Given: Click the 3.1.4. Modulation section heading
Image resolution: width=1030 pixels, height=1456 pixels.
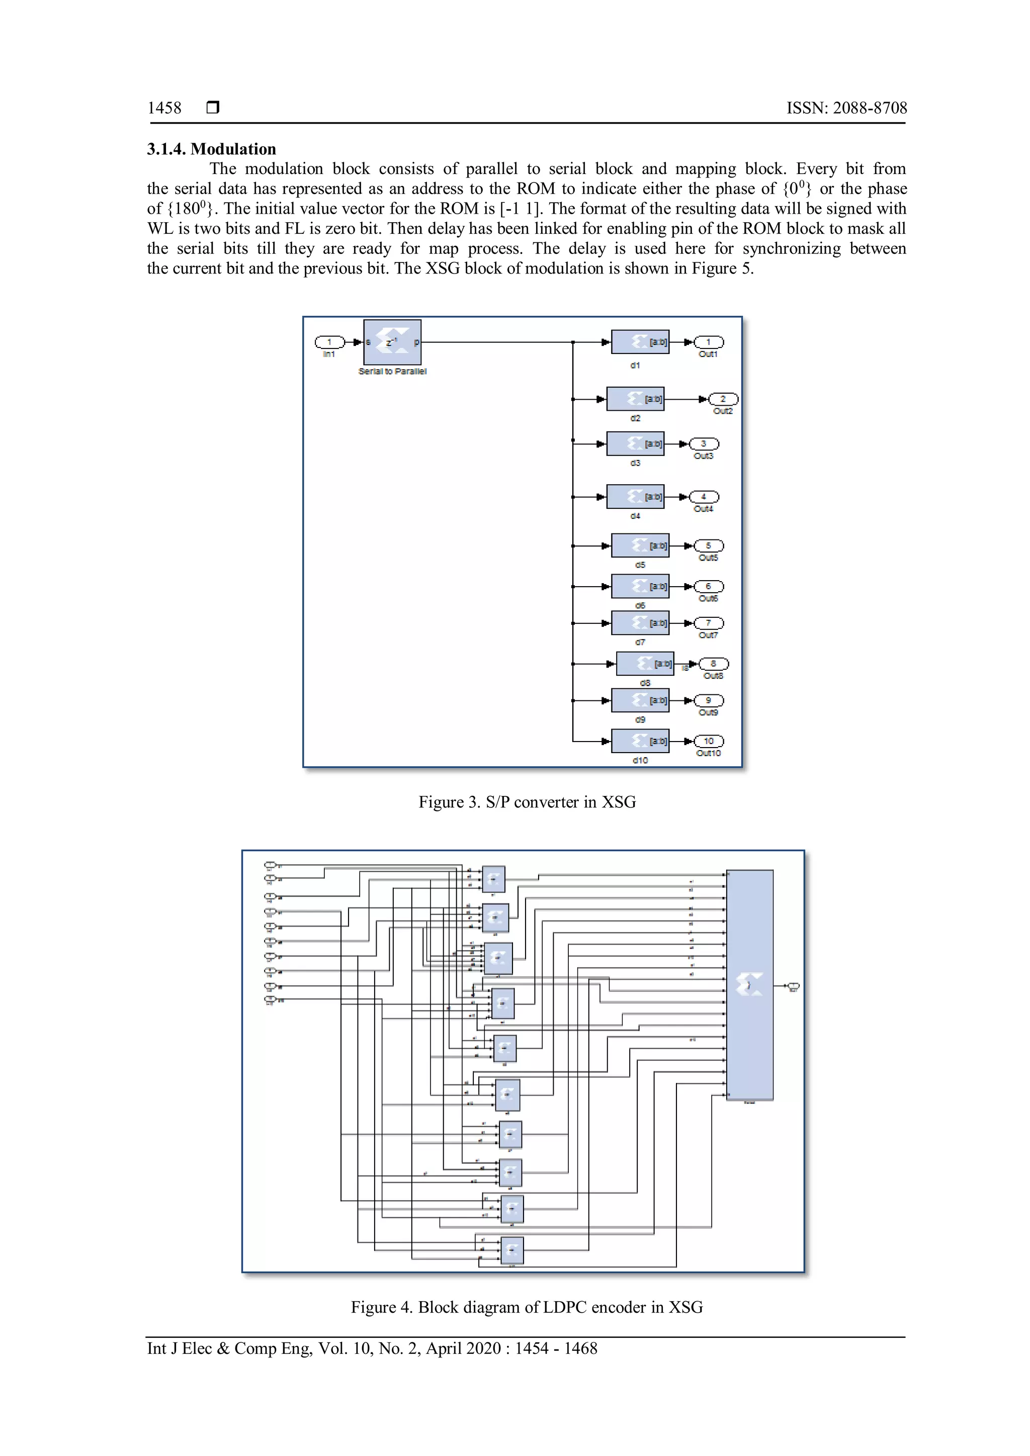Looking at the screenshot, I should point(211,149).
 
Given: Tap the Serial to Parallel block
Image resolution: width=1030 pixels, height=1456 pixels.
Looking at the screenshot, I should point(392,342).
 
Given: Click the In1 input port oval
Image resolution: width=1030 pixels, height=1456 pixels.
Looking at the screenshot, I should point(330,342).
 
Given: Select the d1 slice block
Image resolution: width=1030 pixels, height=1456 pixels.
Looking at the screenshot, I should point(639,342).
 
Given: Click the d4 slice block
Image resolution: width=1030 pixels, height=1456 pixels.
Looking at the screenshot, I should point(635,497).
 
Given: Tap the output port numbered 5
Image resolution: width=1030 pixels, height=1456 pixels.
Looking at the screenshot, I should point(709,545).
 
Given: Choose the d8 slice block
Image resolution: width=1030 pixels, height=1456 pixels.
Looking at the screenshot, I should point(644,664).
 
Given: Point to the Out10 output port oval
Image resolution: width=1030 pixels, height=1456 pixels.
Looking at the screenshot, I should point(709,741).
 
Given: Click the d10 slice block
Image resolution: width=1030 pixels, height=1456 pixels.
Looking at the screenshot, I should point(639,741).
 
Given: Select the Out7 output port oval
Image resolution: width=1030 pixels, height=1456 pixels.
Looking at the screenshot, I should point(709,623).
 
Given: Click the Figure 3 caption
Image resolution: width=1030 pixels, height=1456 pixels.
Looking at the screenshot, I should point(527,802).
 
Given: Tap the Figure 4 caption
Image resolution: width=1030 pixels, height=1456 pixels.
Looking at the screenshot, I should point(527,1307).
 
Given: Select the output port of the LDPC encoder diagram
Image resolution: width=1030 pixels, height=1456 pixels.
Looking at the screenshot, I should point(793,986).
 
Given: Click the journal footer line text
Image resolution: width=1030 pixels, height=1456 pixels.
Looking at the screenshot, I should point(372,1348).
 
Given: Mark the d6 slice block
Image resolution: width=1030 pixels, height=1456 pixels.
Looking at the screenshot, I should point(639,587).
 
